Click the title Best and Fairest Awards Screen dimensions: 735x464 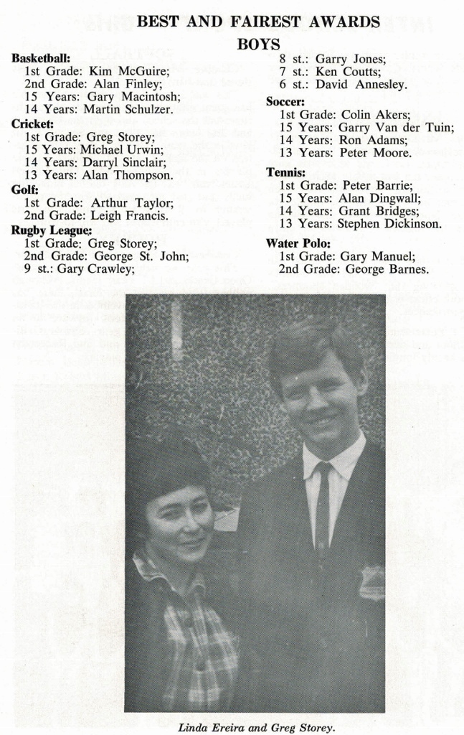[x=258, y=22]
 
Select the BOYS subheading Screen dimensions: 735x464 [x=258, y=45]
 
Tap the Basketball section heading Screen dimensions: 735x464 [x=41, y=58]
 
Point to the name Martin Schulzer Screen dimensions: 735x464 [x=128, y=110]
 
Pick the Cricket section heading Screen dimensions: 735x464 [x=32, y=123]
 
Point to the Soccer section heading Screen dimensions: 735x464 [x=285, y=102]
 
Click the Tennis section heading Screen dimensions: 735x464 [x=285, y=172]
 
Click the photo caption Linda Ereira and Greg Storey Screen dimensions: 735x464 [x=256, y=726]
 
